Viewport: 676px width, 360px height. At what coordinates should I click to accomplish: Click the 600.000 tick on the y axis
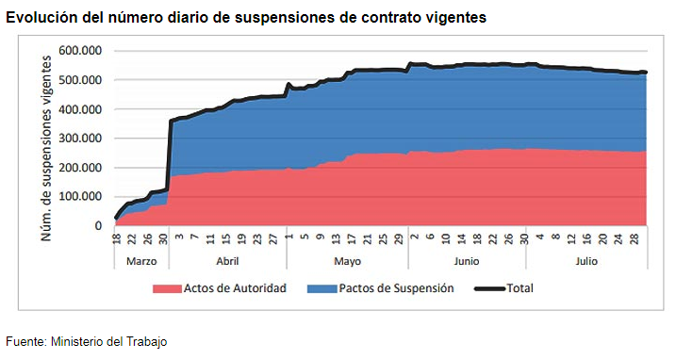(80, 51)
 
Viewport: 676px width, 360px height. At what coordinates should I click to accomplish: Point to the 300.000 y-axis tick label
(80, 138)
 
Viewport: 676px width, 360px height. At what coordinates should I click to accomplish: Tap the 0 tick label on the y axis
(98, 225)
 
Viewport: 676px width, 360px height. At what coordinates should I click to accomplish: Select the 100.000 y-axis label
(80, 196)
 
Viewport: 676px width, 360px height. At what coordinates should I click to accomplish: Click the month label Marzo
(141, 261)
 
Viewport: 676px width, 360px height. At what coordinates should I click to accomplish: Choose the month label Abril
(227, 261)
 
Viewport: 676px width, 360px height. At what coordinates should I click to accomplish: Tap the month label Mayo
(348, 262)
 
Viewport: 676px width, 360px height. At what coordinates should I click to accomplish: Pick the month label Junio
(467, 261)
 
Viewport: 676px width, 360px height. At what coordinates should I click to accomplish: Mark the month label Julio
(586, 261)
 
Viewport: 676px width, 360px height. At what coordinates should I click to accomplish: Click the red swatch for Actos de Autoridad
(167, 288)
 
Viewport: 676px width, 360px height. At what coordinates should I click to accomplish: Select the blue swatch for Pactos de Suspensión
(322, 288)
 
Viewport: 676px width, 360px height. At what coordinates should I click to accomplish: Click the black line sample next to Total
(489, 288)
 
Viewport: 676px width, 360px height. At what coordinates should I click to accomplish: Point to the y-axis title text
(46, 149)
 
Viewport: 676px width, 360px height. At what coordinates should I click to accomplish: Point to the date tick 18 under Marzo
(117, 238)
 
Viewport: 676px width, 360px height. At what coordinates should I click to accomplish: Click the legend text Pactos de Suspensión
(396, 288)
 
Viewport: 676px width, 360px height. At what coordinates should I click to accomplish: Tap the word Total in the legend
(519, 288)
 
